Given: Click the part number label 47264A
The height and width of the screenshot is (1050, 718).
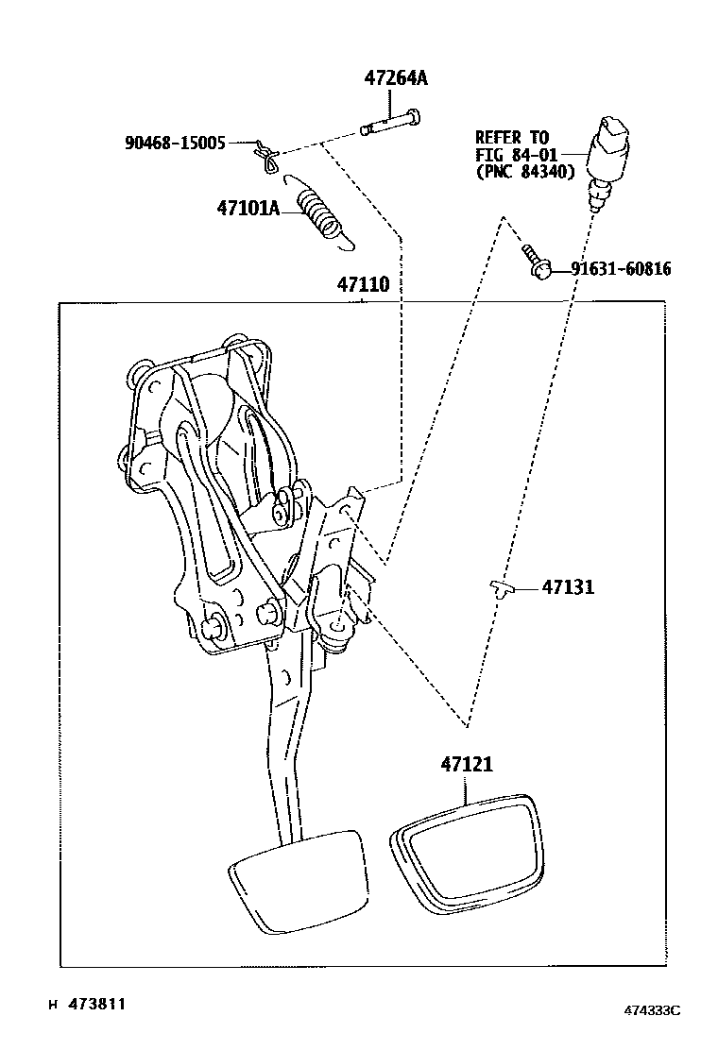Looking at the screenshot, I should click(x=396, y=78).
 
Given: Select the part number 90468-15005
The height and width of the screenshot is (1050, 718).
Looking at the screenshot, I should click(x=175, y=143).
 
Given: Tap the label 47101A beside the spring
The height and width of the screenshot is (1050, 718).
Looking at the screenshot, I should click(x=248, y=208).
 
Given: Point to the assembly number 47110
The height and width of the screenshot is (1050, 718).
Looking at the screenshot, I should click(x=364, y=284).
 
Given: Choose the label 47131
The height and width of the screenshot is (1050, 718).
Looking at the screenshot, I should click(x=568, y=587).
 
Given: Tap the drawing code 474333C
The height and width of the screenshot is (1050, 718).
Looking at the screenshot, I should click(x=651, y=1010).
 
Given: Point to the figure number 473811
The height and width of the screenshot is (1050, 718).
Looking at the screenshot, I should click(x=94, y=1004).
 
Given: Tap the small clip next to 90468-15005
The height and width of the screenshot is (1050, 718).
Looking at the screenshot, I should click(x=266, y=155).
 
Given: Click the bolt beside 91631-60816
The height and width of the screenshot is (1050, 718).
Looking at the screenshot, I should click(x=535, y=262).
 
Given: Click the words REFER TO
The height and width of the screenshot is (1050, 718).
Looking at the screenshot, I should click(x=510, y=138).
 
